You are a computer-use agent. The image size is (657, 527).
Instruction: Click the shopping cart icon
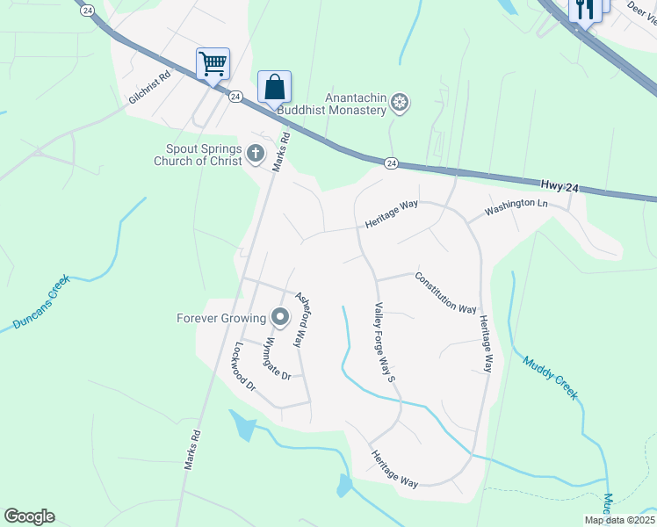coord(213,63)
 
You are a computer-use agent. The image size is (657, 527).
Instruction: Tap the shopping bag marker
coord(274,87)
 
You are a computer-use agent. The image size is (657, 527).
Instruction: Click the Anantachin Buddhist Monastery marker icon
coord(400,104)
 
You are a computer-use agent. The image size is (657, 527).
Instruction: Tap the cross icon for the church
coord(255,155)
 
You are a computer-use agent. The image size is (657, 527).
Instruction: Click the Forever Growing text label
coord(221,318)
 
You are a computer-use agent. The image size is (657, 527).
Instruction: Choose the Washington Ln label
coord(516,208)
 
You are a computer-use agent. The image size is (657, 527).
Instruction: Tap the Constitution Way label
coord(446,292)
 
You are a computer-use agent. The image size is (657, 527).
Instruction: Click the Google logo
coord(30,516)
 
